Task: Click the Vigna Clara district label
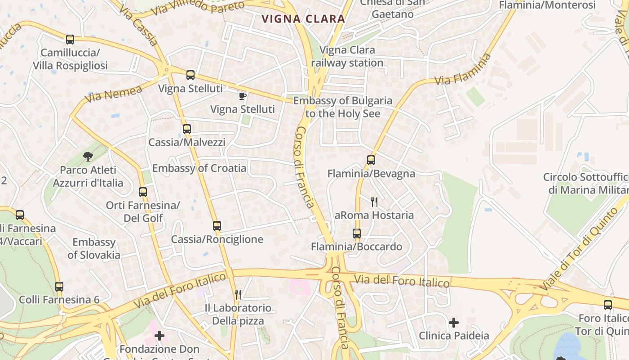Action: point(304,19)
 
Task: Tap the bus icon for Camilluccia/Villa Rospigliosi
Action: point(70,40)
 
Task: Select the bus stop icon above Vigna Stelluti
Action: point(190,75)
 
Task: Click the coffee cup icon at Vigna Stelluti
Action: point(242,96)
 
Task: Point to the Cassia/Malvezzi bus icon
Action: point(187,129)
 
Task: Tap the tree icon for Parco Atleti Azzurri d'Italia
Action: point(88,157)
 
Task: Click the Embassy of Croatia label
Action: point(199,168)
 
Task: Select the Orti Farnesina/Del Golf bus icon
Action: point(143,192)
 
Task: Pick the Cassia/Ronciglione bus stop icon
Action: point(217,226)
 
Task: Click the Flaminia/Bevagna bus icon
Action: point(371,160)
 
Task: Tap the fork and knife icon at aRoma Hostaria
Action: point(374,202)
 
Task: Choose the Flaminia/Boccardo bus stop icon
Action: point(357,234)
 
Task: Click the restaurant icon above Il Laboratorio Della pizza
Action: point(238,295)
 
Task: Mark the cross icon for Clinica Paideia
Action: point(454,323)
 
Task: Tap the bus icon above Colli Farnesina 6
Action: point(59,287)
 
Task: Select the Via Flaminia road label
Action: point(462,70)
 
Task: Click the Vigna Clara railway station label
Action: point(347,56)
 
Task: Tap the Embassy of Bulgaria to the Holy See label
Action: point(343,107)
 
